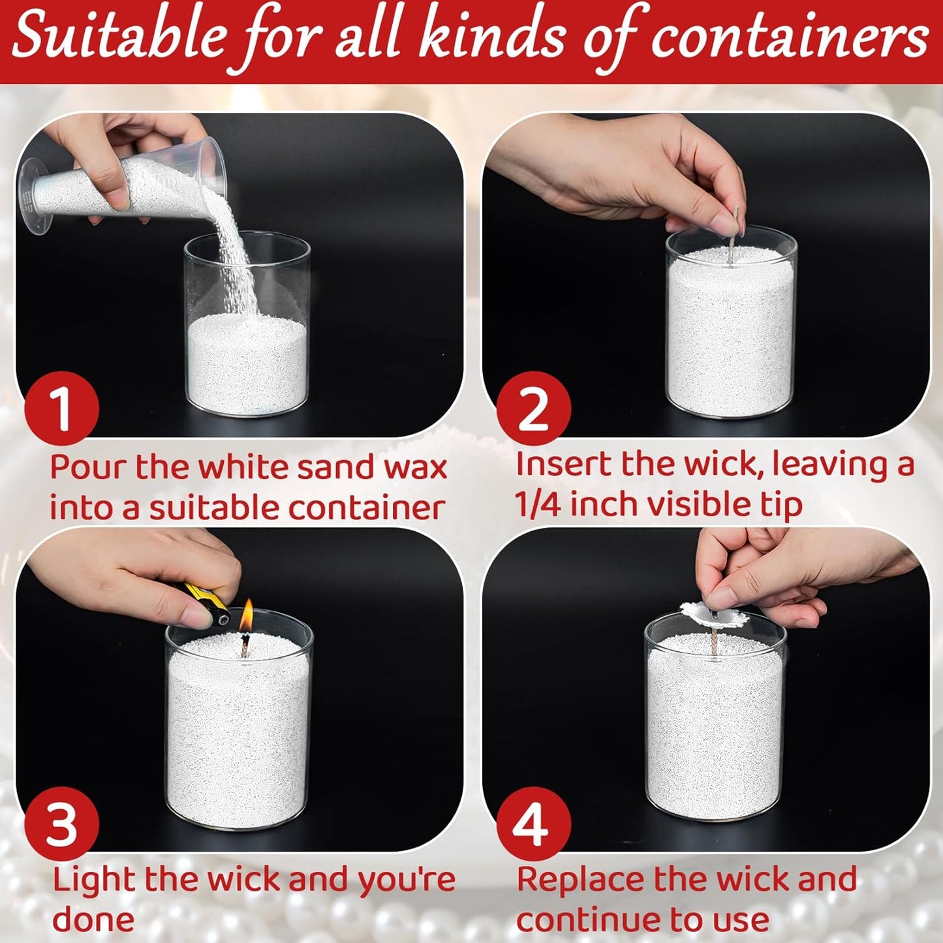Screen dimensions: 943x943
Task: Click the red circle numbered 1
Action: coord(61,408)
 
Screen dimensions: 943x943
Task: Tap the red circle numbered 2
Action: coord(533,408)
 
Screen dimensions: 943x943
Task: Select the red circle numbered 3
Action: coord(61,823)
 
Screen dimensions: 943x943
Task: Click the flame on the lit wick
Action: coord(246,616)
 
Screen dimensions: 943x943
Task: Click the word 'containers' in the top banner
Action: coord(790,38)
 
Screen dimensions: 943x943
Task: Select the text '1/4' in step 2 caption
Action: coord(537,504)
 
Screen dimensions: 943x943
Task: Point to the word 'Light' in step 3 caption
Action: coord(94,880)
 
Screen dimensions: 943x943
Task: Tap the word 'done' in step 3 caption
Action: coord(93,920)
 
